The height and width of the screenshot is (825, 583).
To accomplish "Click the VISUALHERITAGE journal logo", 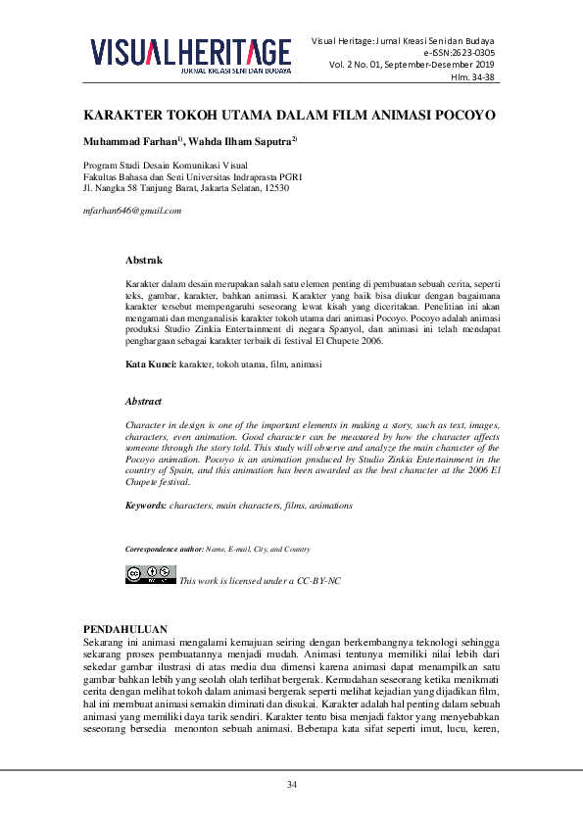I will point(191,53).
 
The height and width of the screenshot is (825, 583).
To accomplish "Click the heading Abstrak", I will point(143,261).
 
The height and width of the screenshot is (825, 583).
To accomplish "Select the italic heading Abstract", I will point(143,402).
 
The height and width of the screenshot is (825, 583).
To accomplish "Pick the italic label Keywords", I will point(146,505).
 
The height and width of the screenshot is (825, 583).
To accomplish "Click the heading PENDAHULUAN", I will point(126,628).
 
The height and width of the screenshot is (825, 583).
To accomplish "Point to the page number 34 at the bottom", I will point(291,785).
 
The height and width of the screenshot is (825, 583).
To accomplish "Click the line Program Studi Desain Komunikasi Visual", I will point(166,165).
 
